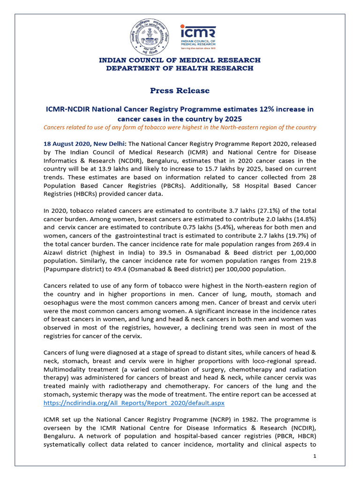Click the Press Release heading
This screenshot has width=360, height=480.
click(180, 90)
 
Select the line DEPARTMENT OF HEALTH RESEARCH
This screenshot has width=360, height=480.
click(180, 68)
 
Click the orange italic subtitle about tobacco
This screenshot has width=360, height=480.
click(180, 127)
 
